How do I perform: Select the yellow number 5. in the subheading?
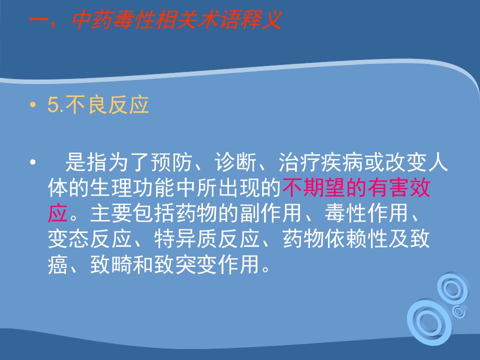(x=55, y=105)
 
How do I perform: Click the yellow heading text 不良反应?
(x=107, y=105)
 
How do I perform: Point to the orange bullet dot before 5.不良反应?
(x=33, y=105)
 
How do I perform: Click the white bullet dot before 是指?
(x=33, y=162)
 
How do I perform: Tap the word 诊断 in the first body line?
(x=235, y=162)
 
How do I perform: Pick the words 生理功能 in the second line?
(x=132, y=187)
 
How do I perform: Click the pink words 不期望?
(x=314, y=187)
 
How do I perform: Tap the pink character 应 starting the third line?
(x=58, y=213)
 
